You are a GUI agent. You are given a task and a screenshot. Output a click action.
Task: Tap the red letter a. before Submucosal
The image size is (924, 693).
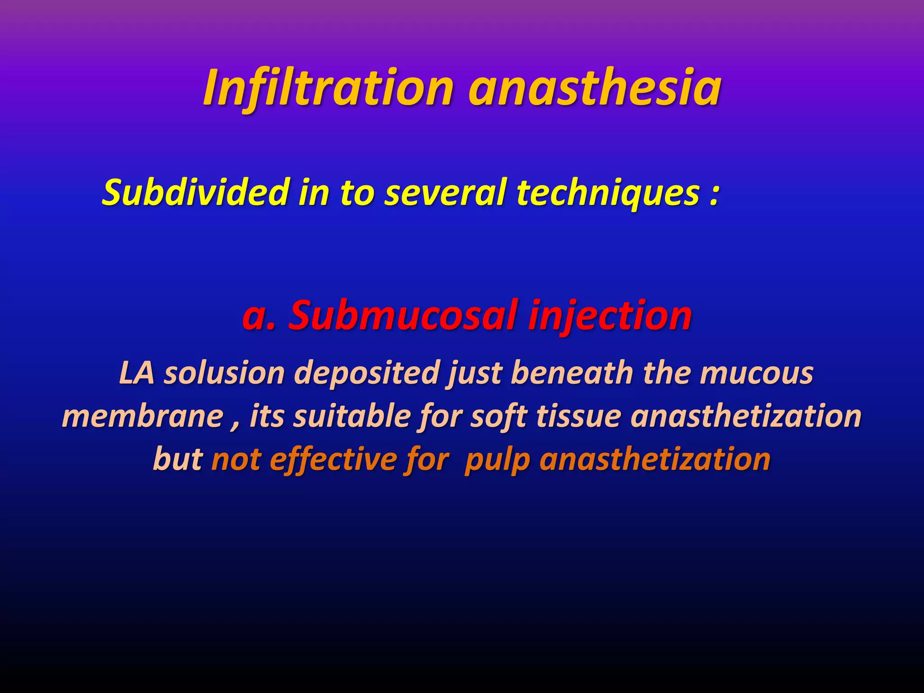[x=258, y=315]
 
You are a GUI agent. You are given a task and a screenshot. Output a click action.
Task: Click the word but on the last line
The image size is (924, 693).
[x=178, y=459]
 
